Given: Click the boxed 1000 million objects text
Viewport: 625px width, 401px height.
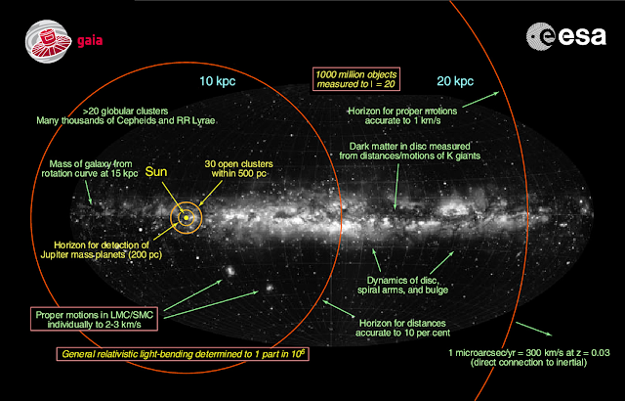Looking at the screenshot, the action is [357, 79].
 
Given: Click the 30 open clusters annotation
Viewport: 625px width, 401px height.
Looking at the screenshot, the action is [245, 167].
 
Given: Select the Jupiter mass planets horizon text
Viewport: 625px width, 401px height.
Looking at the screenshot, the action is [90, 251].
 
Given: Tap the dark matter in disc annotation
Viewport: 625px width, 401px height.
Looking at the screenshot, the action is [417, 153].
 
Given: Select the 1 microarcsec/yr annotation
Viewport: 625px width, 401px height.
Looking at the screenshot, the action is [528, 356].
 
